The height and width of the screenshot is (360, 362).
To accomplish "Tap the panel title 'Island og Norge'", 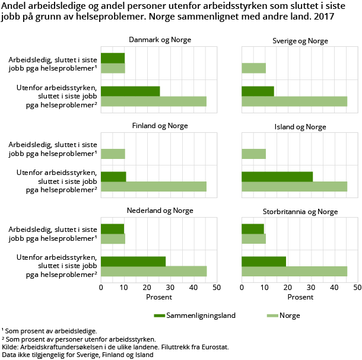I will click(x=300, y=126).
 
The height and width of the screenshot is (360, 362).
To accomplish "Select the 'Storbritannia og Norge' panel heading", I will click(x=300, y=212).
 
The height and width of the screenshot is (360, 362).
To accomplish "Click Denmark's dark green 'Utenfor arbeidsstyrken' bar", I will click(x=131, y=91).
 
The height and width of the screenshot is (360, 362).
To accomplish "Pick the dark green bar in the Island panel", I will click(x=277, y=177).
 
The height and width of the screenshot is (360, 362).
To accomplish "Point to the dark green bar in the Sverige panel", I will click(x=258, y=91).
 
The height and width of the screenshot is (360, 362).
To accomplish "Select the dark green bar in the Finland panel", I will click(x=113, y=177).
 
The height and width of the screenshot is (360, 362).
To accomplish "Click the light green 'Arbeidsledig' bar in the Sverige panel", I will click(x=253, y=68).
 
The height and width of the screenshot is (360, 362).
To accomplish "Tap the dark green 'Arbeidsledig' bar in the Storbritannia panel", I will click(x=253, y=229).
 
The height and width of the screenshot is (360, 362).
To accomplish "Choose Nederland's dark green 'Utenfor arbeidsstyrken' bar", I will click(x=133, y=262).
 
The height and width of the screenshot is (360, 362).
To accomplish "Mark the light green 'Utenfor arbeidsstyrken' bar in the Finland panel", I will click(x=154, y=187).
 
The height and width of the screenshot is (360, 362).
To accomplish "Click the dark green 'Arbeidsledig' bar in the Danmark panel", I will click(x=113, y=58).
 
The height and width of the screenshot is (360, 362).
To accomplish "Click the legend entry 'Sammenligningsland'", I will click(x=195, y=316).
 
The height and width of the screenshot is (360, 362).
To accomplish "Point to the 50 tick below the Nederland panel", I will click(x=217, y=287).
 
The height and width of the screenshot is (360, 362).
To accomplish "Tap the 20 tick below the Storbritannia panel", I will click(x=288, y=287).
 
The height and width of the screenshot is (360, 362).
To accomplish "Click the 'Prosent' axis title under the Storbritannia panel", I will click(x=300, y=297).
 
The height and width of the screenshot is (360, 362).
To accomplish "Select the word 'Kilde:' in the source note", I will click(x=11, y=346).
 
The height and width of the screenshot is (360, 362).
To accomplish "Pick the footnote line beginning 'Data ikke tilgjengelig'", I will click(x=77, y=355).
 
